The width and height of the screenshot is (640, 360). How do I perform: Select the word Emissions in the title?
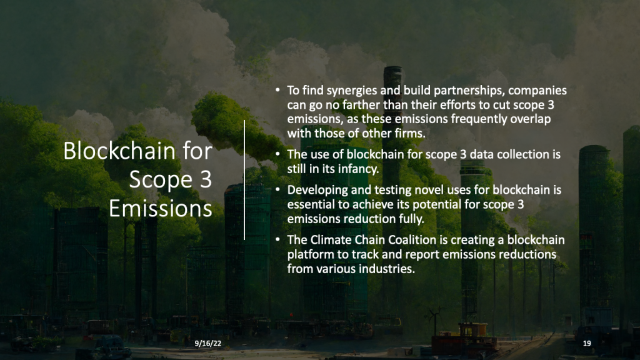[161, 208]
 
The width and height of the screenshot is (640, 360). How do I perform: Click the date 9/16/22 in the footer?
[206, 343]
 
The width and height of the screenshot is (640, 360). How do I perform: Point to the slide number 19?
[586, 343]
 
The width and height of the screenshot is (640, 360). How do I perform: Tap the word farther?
[354, 104]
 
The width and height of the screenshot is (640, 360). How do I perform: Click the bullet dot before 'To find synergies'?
[278, 91]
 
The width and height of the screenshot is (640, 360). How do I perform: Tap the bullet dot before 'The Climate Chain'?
[278, 241]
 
